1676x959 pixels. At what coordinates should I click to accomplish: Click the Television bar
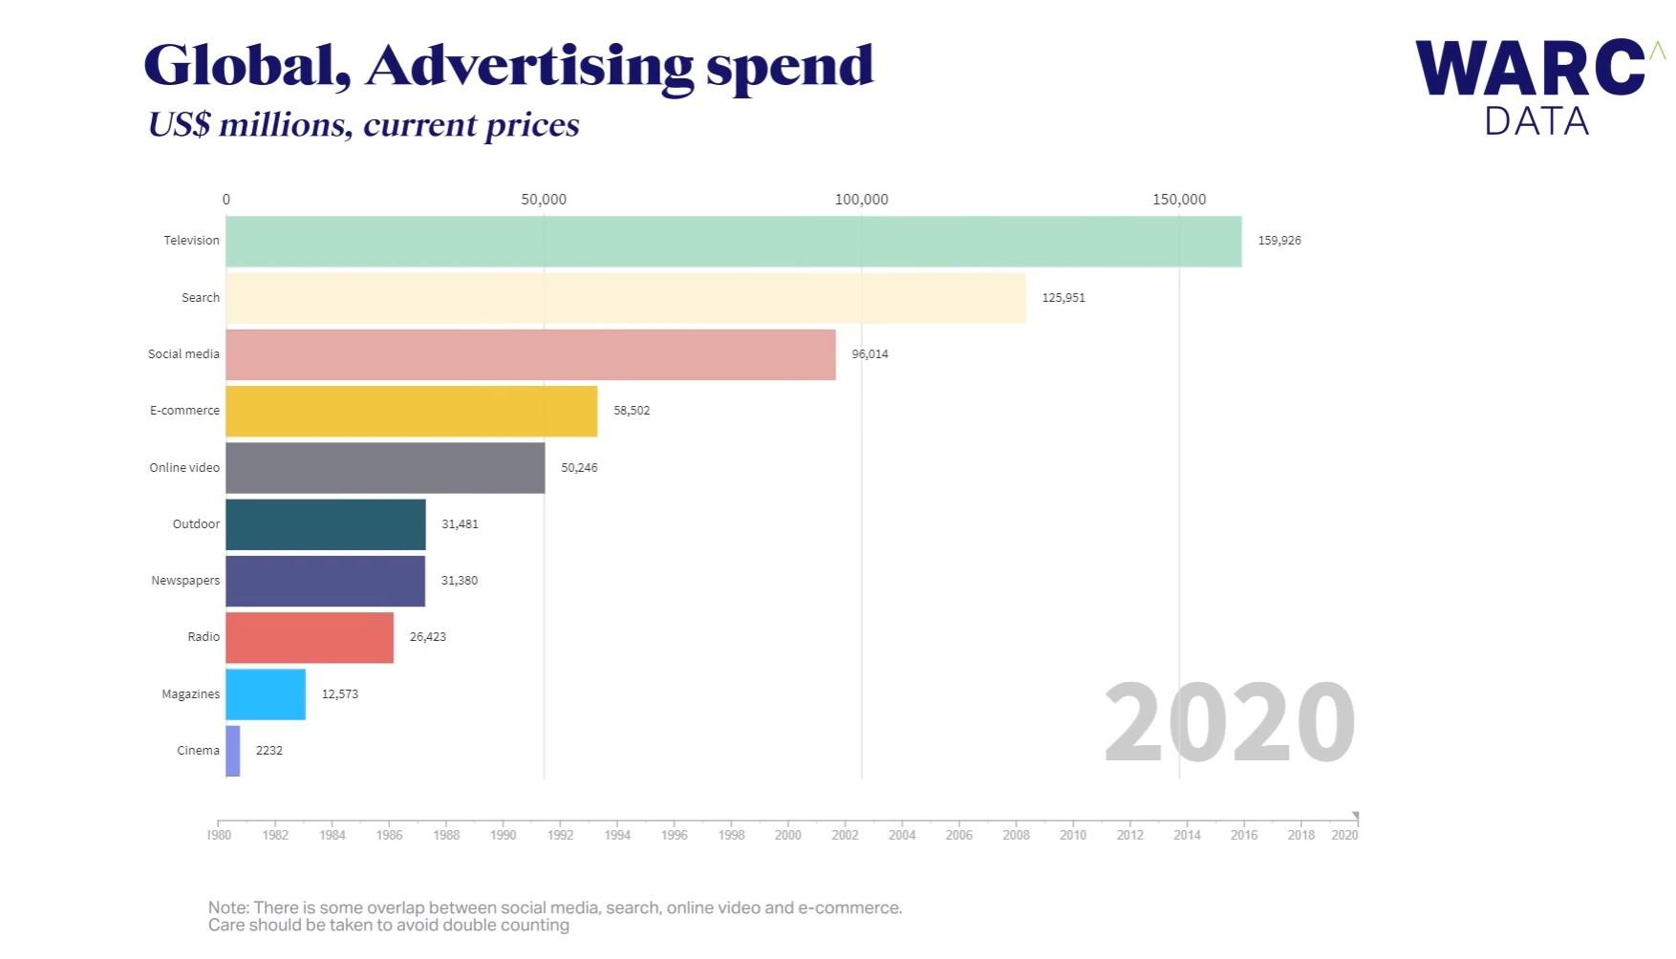point(733,241)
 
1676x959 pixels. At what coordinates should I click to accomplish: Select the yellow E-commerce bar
point(411,411)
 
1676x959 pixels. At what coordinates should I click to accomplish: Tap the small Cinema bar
point(233,751)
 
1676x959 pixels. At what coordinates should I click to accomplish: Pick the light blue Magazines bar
point(266,694)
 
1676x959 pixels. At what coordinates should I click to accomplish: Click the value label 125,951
point(1063,298)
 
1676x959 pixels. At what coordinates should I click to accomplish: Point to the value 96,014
point(870,354)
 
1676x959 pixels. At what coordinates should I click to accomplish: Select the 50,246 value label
point(579,468)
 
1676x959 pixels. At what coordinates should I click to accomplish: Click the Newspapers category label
point(185,581)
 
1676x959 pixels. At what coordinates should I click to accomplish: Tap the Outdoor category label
point(196,524)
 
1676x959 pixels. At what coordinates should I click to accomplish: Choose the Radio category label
point(204,637)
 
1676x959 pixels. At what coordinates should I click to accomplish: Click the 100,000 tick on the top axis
point(861,200)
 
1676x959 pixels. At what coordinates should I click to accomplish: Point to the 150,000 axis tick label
point(1178,200)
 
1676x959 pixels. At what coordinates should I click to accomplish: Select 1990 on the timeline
point(503,835)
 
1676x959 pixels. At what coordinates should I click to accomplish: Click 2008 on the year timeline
point(1016,835)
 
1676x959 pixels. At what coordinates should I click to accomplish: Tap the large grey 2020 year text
point(1229,722)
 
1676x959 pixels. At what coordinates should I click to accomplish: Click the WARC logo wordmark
point(1529,69)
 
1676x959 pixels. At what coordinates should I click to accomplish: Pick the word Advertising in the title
point(529,66)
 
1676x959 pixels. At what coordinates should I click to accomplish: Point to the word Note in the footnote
point(227,907)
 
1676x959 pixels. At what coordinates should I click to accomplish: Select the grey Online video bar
point(385,468)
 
